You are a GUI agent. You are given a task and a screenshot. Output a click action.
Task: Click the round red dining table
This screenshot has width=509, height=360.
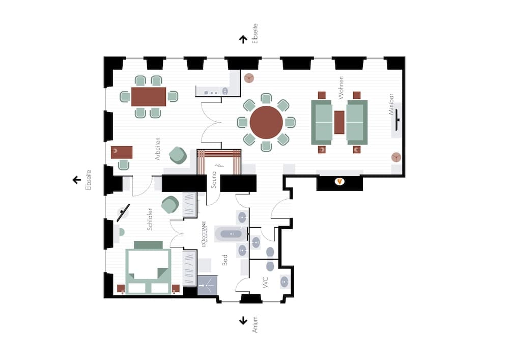266,122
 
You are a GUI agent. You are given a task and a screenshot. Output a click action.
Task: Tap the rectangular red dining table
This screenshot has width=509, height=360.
149,97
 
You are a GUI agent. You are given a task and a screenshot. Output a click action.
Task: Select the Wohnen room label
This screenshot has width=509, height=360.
340,87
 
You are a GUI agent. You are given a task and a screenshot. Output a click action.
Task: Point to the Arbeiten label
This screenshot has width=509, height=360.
158,149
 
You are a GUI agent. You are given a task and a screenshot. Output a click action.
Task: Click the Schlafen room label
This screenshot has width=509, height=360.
150,219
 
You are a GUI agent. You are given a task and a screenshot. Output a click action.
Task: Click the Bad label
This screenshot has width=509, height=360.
224,260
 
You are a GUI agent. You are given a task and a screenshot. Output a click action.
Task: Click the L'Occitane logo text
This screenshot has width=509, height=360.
204,234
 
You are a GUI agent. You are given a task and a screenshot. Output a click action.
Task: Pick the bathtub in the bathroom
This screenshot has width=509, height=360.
231,234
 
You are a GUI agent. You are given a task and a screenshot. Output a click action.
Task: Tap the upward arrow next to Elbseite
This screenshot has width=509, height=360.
243,39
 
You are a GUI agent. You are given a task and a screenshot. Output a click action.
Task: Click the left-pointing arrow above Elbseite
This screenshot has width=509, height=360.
77,180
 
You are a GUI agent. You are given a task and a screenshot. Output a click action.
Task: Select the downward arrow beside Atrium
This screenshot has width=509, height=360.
243,320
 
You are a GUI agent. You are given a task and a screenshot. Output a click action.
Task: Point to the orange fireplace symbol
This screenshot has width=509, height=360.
339,181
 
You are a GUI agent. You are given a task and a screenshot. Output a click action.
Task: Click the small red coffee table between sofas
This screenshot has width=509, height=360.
340,122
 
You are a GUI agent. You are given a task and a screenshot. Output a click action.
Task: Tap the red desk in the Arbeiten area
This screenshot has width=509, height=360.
122,152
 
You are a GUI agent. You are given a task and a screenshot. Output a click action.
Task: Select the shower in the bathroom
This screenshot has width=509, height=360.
207,285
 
